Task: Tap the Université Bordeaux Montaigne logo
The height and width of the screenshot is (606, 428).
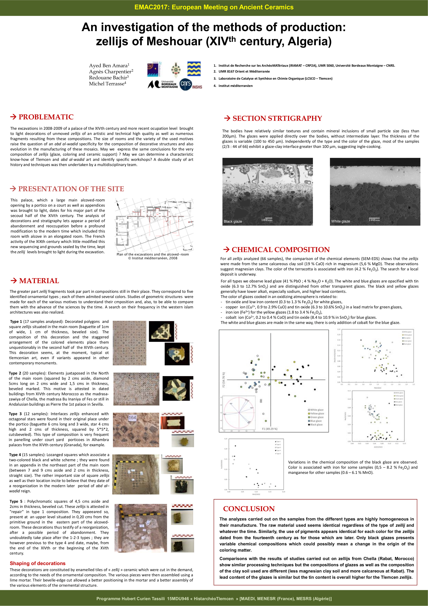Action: tap(163, 84)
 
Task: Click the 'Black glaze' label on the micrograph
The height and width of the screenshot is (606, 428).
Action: tap(233, 221)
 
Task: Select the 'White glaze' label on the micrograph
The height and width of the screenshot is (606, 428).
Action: tap(341, 221)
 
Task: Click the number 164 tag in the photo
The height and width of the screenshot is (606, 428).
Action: tap(132, 418)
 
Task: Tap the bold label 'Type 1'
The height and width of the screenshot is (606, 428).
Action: tap(16, 321)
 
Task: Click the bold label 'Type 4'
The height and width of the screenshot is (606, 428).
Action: tap(15, 455)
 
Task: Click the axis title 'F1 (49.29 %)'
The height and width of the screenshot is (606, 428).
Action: tap(270, 429)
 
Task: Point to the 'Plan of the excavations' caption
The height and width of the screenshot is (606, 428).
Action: tap(153, 254)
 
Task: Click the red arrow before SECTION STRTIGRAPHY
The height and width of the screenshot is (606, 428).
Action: tap(227, 118)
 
